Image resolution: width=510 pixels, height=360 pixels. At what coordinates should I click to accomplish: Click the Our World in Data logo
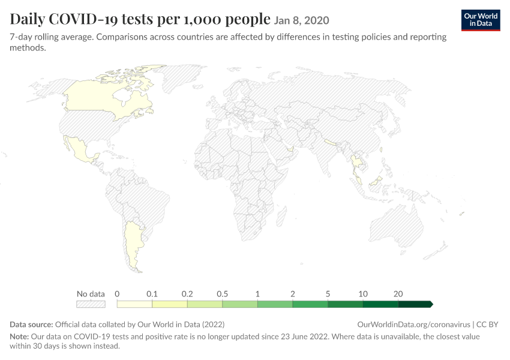pos(481,20)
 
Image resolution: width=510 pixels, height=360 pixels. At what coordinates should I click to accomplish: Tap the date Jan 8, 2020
pos(302,20)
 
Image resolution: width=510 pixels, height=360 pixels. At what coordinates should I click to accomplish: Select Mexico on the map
pos(80,149)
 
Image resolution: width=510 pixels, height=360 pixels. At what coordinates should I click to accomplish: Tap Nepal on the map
pos(330,142)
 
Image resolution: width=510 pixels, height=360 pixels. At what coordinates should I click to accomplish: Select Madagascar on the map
pos(281,217)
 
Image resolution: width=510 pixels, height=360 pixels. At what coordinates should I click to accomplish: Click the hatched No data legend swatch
pos(91,304)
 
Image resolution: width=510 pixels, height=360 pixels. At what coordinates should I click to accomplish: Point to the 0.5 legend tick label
pos(223,294)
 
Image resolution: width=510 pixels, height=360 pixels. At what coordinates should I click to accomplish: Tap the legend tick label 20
pos(398,294)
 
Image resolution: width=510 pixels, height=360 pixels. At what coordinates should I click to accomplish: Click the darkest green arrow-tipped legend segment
pos(415,304)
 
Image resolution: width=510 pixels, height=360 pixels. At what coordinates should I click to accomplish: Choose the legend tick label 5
pos(328,294)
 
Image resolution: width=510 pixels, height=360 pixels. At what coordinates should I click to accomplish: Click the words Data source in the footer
pos(31,325)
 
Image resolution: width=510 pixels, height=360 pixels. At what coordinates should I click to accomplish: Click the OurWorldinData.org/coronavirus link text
pos(414,325)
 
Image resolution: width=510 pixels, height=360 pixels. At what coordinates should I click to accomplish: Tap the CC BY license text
pos(487,325)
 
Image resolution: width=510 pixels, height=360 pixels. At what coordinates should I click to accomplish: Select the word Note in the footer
pos(19,336)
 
